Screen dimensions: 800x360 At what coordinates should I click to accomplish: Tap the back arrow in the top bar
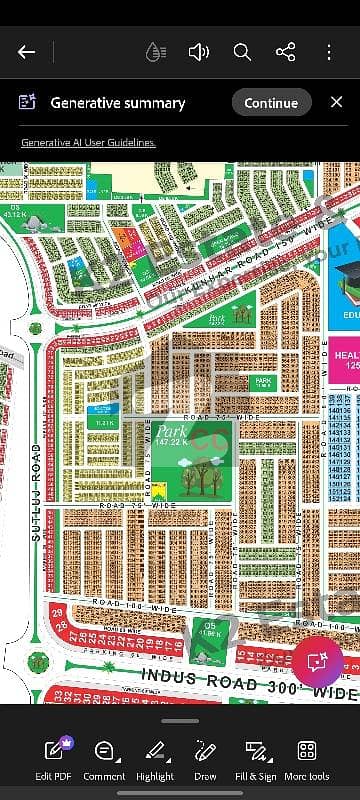point(27,52)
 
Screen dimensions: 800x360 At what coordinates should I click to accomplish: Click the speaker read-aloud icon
point(198,52)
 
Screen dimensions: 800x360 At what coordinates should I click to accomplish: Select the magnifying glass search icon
point(241,52)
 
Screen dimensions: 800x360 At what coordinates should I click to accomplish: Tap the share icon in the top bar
point(285,52)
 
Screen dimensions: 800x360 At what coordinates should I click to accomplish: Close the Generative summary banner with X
point(334,102)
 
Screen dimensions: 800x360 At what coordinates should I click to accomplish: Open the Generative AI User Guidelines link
point(88,143)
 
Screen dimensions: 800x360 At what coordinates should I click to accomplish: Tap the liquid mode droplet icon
point(154,52)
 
